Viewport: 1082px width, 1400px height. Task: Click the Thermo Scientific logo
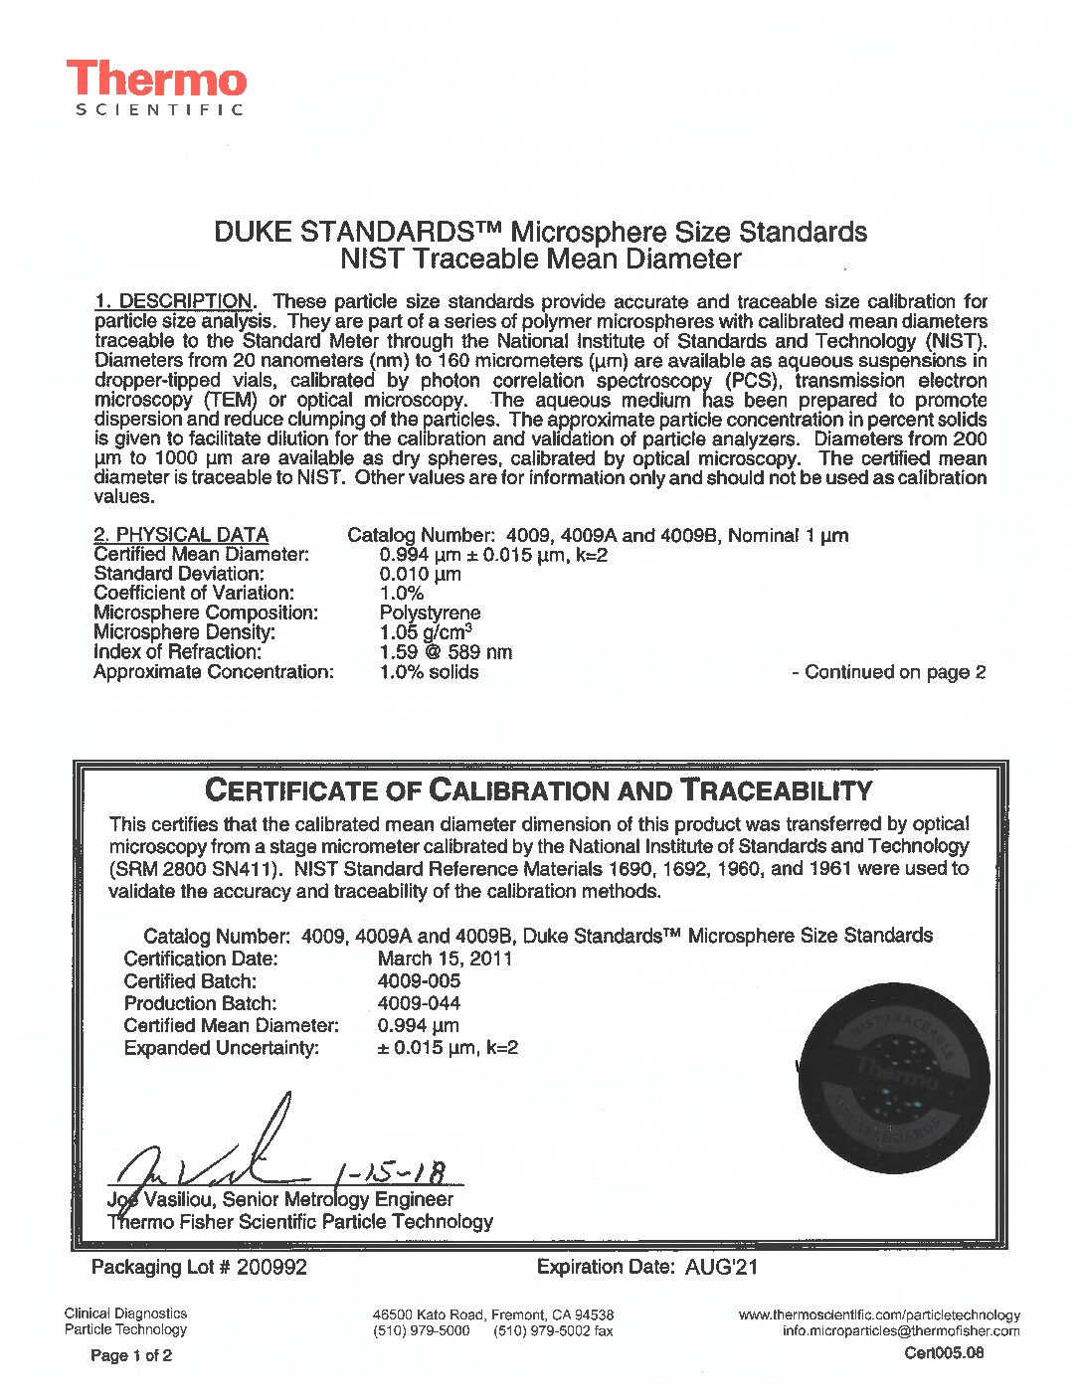tap(156, 87)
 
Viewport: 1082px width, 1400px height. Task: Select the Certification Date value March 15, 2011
tap(445, 959)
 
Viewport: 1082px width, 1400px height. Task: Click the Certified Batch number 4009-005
tap(419, 981)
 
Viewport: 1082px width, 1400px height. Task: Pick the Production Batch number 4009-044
tap(419, 1003)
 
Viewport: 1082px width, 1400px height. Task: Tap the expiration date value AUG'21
tap(721, 1267)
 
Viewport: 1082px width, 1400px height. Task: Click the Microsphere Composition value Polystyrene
tap(430, 612)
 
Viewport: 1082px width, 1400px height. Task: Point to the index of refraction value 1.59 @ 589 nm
tap(446, 652)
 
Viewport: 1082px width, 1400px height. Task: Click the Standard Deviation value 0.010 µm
tap(420, 574)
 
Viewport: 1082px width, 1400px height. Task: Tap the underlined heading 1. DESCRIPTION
tap(173, 301)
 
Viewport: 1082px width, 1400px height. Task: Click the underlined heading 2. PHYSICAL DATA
tap(181, 535)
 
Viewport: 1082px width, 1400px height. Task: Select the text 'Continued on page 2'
tap(894, 672)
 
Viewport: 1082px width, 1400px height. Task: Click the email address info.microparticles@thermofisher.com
tap(901, 1330)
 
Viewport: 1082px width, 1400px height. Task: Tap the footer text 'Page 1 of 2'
tap(131, 1355)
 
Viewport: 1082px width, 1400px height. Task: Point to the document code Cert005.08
tap(944, 1352)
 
